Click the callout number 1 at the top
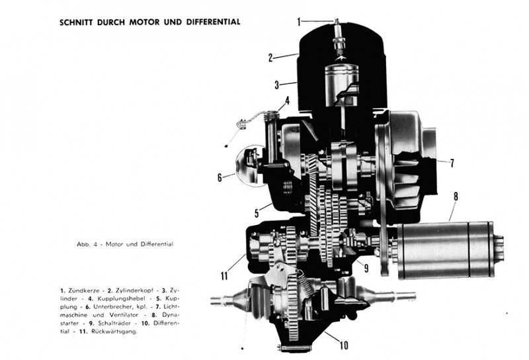298,22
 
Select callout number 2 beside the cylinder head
270,57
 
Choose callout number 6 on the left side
220,177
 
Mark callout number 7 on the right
452,162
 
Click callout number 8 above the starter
455,196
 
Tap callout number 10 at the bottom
345,344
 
